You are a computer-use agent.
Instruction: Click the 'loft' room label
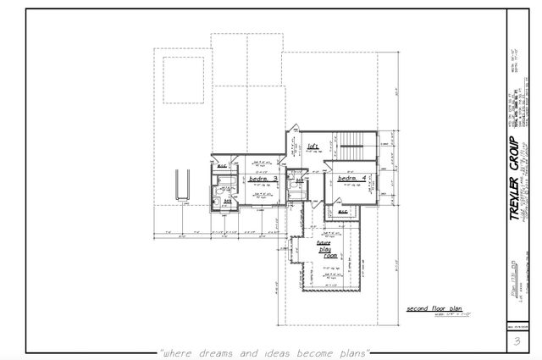pyautogui.click(x=312, y=145)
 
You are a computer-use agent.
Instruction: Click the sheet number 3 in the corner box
pyautogui.click(x=516, y=341)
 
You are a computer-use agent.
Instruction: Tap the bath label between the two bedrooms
pyautogui.click(x=299, y=180)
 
